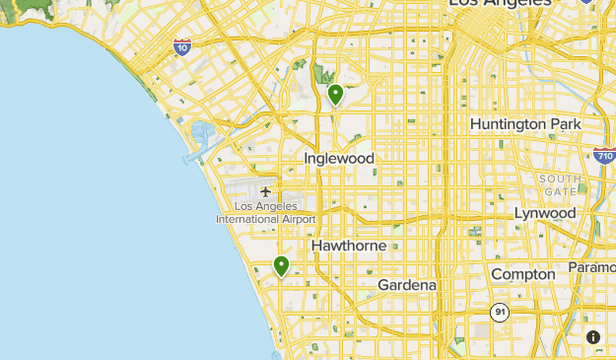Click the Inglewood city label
[x=339, y=158]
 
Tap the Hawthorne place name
[x=341, y=245]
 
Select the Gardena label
[x=407, y=285]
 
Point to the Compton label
[x=522, y=274]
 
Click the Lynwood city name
[x=545, y=213]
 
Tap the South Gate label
[x=560, y=184]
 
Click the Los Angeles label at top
[x=500, y=4]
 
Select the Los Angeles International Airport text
[x=266, y=212]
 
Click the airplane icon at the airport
[x=266, y=191]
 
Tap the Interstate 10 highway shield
[x=181, y=46]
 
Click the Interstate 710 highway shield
[x=605, y=155]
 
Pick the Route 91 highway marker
[x=501, y=312]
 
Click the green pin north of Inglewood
[x=335, y=95]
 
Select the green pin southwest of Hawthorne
[x=281, y=265]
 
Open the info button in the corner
[x=593, y=337]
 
